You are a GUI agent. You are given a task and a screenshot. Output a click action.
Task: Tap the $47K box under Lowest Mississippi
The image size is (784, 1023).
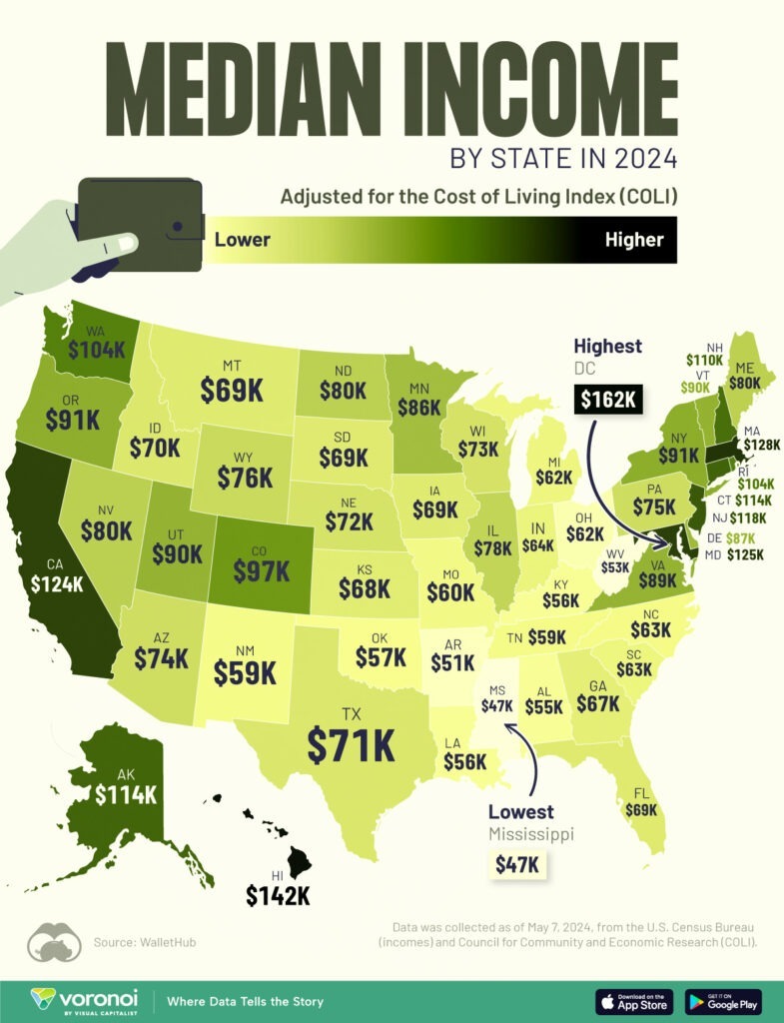pos(518,862)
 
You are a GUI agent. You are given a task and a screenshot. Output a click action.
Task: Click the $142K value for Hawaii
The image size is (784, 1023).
pos(278,895)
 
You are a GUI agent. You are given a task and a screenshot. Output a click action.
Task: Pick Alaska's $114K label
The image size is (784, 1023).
pos(126,794)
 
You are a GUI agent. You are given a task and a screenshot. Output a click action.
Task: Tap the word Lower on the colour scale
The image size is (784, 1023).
pos(243,240)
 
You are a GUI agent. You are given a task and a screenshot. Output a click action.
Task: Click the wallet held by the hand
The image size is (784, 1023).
pos(140,223)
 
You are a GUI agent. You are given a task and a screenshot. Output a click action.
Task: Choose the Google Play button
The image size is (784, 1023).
pos(723,1001)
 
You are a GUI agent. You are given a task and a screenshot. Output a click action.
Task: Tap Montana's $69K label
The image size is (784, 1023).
pos(232,390)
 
